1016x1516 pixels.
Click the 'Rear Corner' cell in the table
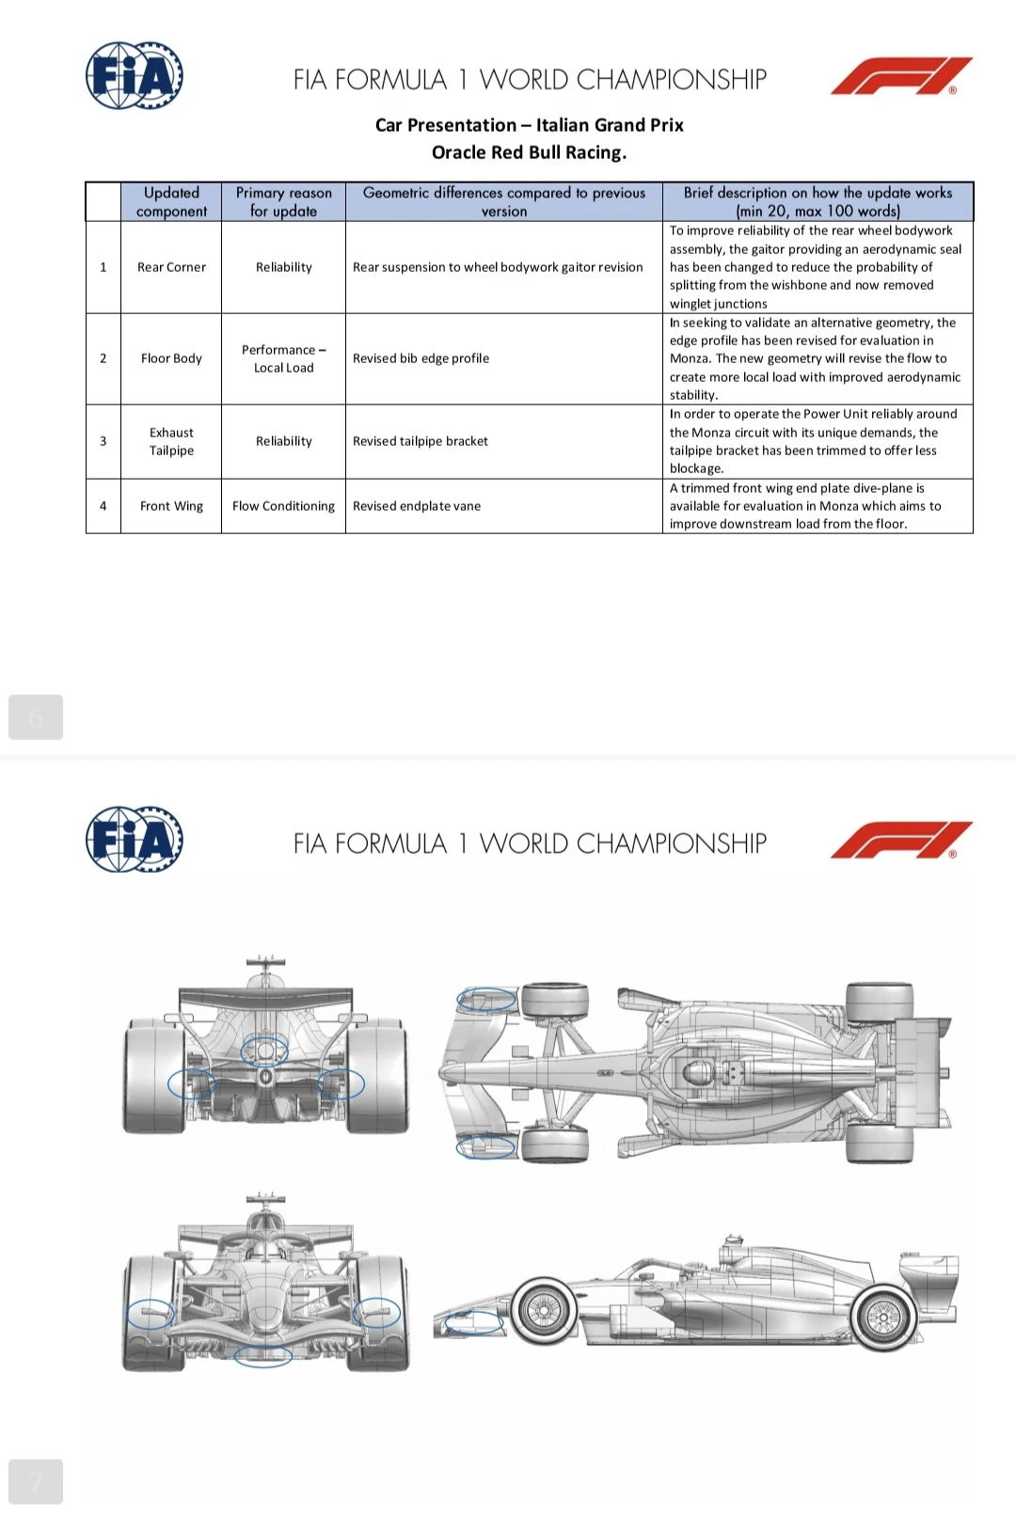point(171,267)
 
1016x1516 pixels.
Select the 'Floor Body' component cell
point(171,358)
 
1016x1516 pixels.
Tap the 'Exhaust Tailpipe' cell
point(171,441)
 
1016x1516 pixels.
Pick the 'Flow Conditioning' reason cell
point(283,506)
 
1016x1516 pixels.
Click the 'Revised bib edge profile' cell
point(504,358)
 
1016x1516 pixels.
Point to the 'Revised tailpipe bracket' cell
point(504,441)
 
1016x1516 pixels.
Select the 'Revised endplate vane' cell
point(504,506)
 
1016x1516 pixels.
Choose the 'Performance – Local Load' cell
point(283,358)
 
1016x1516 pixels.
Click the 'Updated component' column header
point(171,201)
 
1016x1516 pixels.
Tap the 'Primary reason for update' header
point(283,201)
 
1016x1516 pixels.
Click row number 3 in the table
point(103,441)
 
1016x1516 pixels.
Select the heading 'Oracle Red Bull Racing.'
point(530,152)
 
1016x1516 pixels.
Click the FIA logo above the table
point(134,76)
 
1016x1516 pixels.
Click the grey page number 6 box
point(36,717)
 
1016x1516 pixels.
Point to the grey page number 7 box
point(36,1481)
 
